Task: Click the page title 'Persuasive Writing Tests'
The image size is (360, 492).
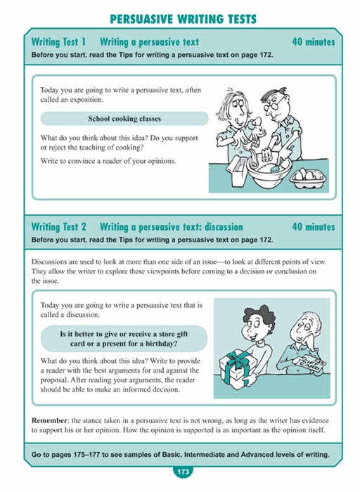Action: [184, 19]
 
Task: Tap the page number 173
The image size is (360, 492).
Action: [183, 472]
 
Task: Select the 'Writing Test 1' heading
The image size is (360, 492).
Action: [58, 41]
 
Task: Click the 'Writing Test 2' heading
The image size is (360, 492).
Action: [58, 226]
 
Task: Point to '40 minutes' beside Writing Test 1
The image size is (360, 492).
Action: [314, 41]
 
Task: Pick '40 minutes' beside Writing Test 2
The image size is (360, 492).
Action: [314, 226]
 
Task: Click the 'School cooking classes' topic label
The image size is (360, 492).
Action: [124, 119]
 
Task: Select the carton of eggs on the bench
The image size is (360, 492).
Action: [308, 178]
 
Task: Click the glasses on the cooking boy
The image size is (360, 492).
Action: [274, 105]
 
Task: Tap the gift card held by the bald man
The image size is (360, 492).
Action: [310, 364]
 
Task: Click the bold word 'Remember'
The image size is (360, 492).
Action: [49, 420]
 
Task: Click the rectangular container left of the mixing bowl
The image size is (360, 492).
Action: [236, 169]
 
